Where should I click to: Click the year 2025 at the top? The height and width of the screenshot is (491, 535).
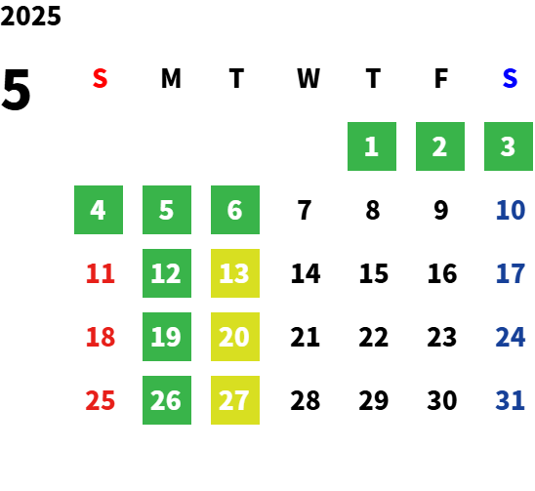pos(30,16)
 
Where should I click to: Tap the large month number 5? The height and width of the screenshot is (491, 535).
pos(16,90)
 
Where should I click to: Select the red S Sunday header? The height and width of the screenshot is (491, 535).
pos(100,78)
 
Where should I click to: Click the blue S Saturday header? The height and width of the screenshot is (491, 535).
pos(510,78)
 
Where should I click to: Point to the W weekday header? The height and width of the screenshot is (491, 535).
pos(309,78)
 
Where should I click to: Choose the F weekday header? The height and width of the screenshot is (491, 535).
pos(441,78)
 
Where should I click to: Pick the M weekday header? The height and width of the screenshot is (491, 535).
pos(171,78)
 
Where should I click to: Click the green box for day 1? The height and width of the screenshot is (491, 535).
pos(372,146)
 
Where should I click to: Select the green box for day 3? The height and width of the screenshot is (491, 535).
pos(509,146)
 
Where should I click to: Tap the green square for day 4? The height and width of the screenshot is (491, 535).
pos(99,210)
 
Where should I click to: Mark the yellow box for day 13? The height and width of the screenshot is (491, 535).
pos(235,273)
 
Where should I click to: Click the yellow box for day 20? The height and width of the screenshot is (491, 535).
pos(235,337)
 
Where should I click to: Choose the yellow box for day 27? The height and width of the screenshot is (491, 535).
pos(235,400)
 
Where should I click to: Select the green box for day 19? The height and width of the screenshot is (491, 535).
pos(167,337)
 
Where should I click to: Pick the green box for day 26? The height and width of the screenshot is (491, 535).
pos(167,400)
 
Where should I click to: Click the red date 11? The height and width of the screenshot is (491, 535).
pos(100,273)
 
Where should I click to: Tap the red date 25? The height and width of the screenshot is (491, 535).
pos(100,400)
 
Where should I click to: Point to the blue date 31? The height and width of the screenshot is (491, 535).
pos(510,400)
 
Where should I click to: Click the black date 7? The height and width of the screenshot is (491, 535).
pos(305,210)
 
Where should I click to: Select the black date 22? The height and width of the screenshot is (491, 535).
pos(373,337)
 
